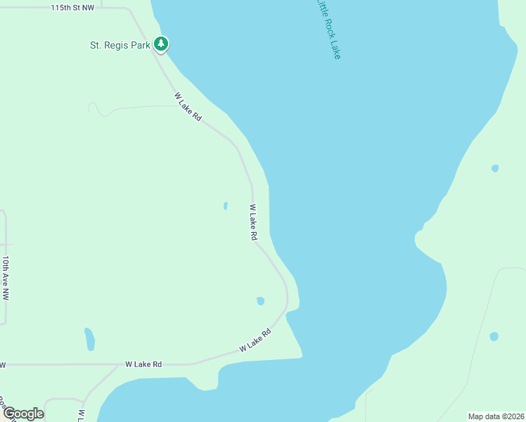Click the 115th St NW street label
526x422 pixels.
tap(72, 8)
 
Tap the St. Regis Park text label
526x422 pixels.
tap(120, 45)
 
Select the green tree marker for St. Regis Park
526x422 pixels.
tap(162, 44)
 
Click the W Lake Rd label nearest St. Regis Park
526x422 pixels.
tap(188, 107)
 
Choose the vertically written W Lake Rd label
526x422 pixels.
tap(252, 223)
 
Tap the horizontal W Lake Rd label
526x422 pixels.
tap(143, 364)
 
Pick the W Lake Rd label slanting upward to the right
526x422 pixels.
tap(255, 341)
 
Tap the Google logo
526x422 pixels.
tap(23, 413)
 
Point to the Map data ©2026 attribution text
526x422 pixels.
tap(496, 416)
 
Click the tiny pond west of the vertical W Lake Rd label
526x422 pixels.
tap(225, 206)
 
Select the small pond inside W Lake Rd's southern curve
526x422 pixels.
tap(260, 301)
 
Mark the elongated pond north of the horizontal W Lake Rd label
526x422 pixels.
tap(89, 339)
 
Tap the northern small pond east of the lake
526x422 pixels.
tap(495, 169)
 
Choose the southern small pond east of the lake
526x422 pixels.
tap(494, 337)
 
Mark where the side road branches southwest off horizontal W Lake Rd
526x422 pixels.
tap(117, 366)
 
